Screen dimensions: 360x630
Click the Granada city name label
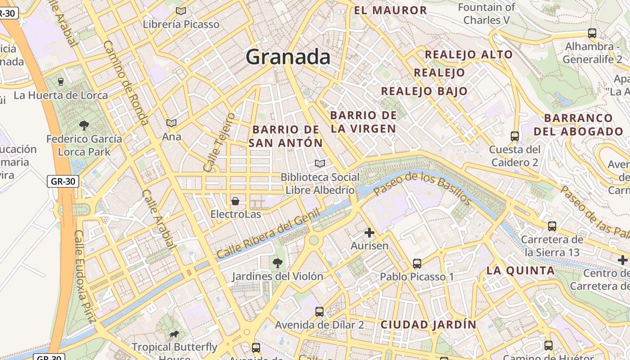[288, 57]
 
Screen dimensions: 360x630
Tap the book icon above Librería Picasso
[181, 11]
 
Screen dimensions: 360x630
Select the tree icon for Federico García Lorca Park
[84, 125]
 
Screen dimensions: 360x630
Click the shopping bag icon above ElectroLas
[235, 201]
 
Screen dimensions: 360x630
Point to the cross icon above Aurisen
[369, 233]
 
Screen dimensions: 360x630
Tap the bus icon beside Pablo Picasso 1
[417, 264]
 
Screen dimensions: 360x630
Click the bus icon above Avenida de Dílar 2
[319, 311]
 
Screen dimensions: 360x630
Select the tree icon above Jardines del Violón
[277, 263]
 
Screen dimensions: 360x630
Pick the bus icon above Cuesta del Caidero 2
[515, 136]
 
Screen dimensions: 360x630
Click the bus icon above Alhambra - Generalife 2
[592, 33]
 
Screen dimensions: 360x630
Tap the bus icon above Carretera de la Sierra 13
[552, 226]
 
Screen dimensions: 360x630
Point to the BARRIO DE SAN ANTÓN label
[286, 136]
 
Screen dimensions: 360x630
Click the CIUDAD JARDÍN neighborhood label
[428, 324]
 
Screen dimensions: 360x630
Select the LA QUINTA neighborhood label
[521, 270]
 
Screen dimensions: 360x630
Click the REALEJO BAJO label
[424, 91]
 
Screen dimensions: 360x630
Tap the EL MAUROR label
[391, 10]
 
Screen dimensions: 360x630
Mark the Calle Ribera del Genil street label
[268, 234]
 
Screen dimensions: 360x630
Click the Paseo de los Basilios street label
[422, 188]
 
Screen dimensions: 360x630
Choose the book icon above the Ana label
[171, 123]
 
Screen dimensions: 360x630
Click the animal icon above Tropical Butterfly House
[174, 334]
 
